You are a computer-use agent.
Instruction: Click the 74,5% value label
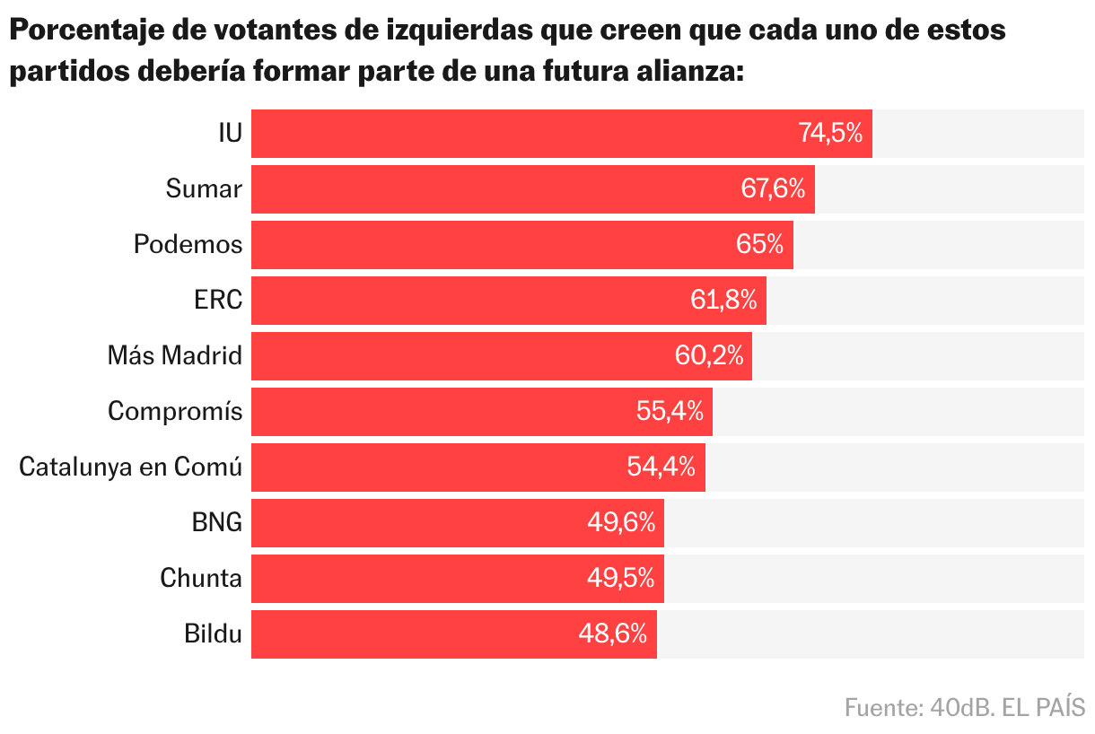830,134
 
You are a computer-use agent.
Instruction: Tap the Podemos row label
188,244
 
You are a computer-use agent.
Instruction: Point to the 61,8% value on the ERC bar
723,301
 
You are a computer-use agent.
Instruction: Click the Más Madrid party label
175,356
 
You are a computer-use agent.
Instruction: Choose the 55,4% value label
670,412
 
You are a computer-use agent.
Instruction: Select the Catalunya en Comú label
131,467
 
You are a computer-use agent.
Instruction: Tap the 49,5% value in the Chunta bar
620,579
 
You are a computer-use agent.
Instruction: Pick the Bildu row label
213,634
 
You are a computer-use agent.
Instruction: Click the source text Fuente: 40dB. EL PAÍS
965,707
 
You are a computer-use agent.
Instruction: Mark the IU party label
230,134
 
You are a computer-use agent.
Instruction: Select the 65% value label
759,244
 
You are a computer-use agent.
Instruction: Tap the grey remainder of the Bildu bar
871,634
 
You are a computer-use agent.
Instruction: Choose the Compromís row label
175,412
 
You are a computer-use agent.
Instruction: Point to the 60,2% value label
709,356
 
